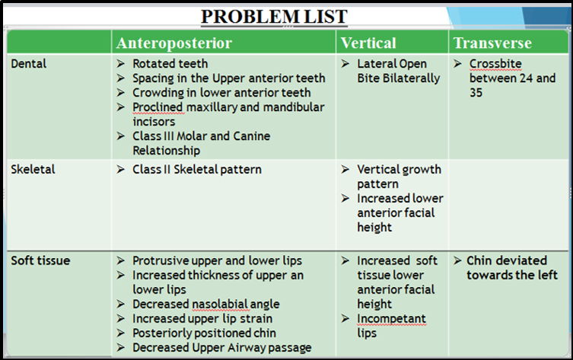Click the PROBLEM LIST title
coord(274,17)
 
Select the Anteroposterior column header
coord(174,43)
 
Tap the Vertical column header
coord(368,43)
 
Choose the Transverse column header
coord(492,43)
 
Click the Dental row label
coord(29,64)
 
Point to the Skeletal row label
coord(33,169)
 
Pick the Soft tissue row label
coord(40,260)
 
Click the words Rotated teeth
coord(170,64)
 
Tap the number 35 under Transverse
coord(476,92)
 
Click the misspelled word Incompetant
coord(391,319)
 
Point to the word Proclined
coord(158,107)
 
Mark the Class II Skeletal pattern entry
coord(197,169)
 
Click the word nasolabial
coord(221,304)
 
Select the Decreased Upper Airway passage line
coord(221,348)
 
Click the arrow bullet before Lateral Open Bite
coord(345,64)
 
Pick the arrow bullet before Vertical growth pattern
coord(345,169)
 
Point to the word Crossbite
coord(495,64)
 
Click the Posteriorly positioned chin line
coord(204,333)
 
